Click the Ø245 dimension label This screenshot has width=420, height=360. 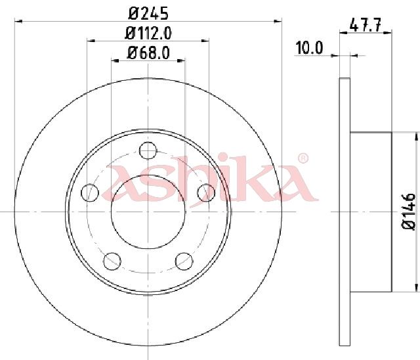pyautogui.click(x=148, y=13)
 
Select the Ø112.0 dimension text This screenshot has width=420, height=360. pyautogui.click(x=148, y=34)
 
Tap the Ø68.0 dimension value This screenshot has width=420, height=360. pyautogui.click(x=148, y=53)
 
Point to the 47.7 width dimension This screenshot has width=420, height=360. pyautogui.click(x=365, y=26)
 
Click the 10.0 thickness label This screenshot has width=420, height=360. pyautogui.click(x=309, y=48)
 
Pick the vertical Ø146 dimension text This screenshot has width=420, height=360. pyautogui.click(x=408, y=212)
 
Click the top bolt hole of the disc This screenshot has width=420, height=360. pyautogui.click(x=148, y=150)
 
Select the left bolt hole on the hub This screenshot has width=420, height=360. pyautogui.click(x=90, y=192)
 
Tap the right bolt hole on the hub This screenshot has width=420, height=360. pyautogui.click(x=206, y=192)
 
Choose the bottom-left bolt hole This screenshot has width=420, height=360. pyautogui.click(x=112, y=261)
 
